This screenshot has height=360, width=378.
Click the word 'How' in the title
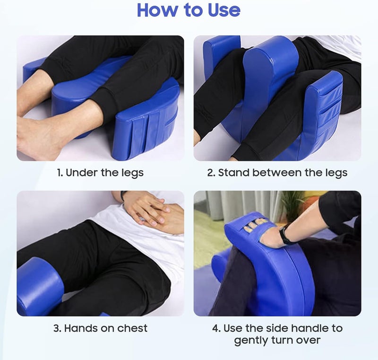click(158, 10)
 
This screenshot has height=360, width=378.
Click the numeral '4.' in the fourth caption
click(216, 328)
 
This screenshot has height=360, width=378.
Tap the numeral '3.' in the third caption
click(57, 328)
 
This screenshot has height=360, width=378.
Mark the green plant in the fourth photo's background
click(292, 202)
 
